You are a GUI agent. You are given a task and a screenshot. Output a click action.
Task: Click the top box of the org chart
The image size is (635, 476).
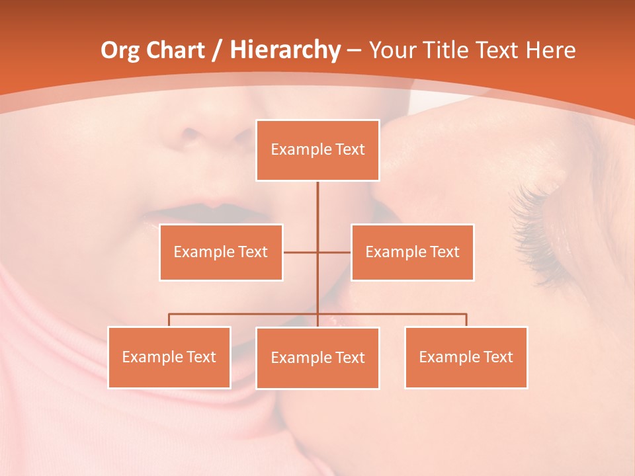click(x=317, y=150)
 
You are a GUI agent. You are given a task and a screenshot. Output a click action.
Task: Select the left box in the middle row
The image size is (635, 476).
click(x=221, y=252)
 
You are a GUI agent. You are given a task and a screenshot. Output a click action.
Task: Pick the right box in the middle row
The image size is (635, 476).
click(x=412, y=252)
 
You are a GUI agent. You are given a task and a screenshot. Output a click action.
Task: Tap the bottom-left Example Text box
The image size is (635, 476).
click(x=169, y=357)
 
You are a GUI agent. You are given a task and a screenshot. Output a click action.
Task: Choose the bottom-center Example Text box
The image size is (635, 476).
click(x=317, y=358)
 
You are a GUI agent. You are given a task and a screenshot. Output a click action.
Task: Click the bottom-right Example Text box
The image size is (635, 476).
click(x=466, y=357)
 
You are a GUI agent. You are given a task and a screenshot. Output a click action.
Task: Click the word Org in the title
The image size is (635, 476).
click(x=120, y=50)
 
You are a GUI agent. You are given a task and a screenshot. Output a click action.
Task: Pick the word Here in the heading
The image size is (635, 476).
click(x=550, y=50)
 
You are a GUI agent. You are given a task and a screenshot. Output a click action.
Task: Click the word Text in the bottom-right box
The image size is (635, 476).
click(x=497, y=357)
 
